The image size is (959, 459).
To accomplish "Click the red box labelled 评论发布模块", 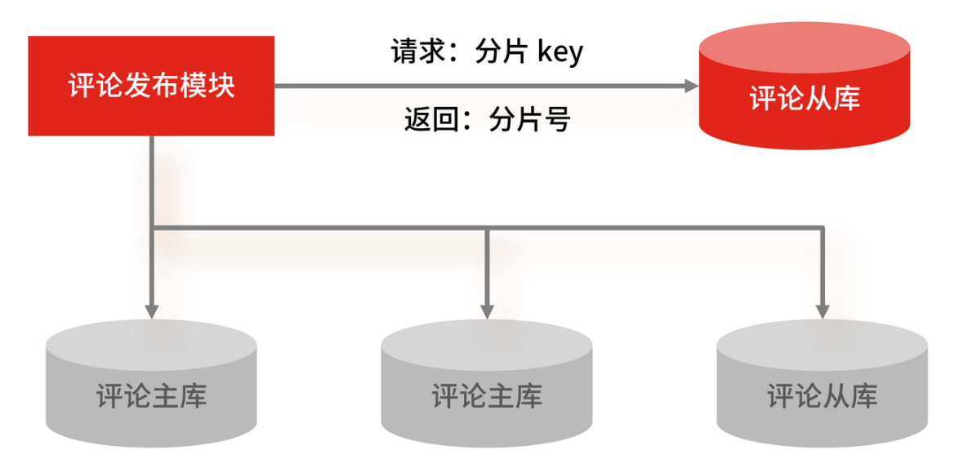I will [151, 86].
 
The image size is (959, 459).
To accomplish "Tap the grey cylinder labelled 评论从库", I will [822, 384].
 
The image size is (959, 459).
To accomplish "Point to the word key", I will [560, 52].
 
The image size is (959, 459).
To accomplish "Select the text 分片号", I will [529, 120].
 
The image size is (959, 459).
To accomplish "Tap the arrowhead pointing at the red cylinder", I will [691, 86].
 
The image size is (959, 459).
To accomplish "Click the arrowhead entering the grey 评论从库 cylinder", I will [823, 310].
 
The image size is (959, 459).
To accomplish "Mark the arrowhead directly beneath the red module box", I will [151, 310].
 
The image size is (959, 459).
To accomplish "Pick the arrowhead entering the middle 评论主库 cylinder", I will [487, 310].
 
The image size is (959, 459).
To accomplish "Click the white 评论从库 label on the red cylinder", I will [805, 99].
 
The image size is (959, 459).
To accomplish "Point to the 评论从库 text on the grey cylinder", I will [822, 397].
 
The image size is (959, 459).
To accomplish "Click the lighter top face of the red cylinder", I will [805, 51].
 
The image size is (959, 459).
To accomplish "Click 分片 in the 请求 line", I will [502, 52].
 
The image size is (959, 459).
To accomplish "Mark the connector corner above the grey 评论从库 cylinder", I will [823, 227].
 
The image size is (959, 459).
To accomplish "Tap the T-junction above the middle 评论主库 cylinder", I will [487, 227].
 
